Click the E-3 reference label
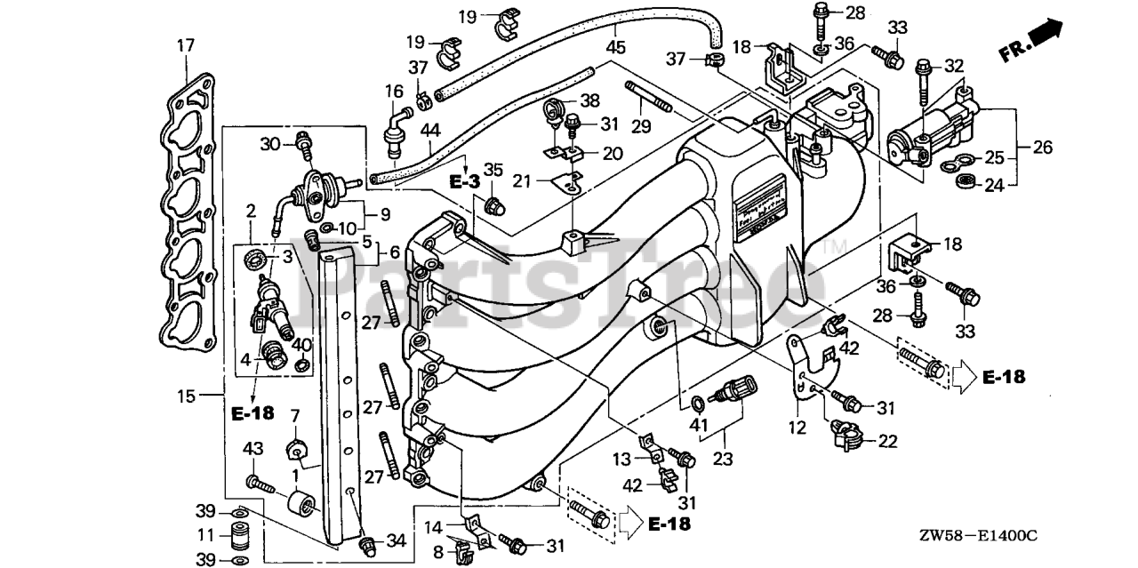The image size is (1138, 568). click(x=463, y=181)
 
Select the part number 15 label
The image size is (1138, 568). click(x=185, y=396)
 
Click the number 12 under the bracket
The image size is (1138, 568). click(x=797, y=428)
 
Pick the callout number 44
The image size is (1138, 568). click(x=430, y=131)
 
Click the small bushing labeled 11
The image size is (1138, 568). click(x=237, y=537)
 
